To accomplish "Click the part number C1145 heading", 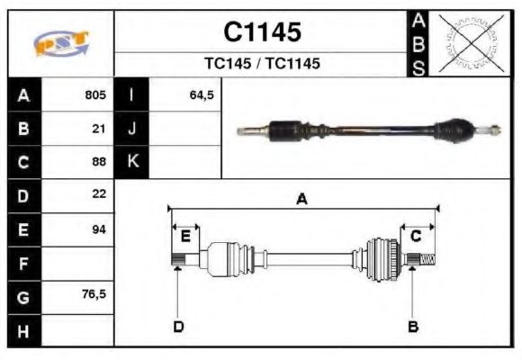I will tap(262, 32).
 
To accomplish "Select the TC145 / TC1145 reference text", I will tap(262, 64).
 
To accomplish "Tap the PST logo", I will tap(62, 43).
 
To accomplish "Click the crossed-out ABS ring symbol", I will tap(468, 43).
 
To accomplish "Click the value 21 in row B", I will tap(99, 129).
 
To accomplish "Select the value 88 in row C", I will tap(99, 163).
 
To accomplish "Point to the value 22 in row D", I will tap(99, 193).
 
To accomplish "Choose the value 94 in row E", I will tap(99, 229).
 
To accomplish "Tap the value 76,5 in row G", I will tap(94, 295).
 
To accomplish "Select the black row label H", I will tap(23, 331).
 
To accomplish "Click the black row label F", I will tap(23, 264).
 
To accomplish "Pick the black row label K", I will tap(132, 162).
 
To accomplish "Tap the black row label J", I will tap(132, 129).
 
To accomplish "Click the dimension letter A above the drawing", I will tap(302, 200).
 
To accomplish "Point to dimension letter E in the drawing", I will tap(185, 237).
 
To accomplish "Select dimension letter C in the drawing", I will tap(416, 237).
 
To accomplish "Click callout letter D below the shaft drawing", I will tap(178, 326).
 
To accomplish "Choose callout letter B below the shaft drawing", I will tap(413, 326).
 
